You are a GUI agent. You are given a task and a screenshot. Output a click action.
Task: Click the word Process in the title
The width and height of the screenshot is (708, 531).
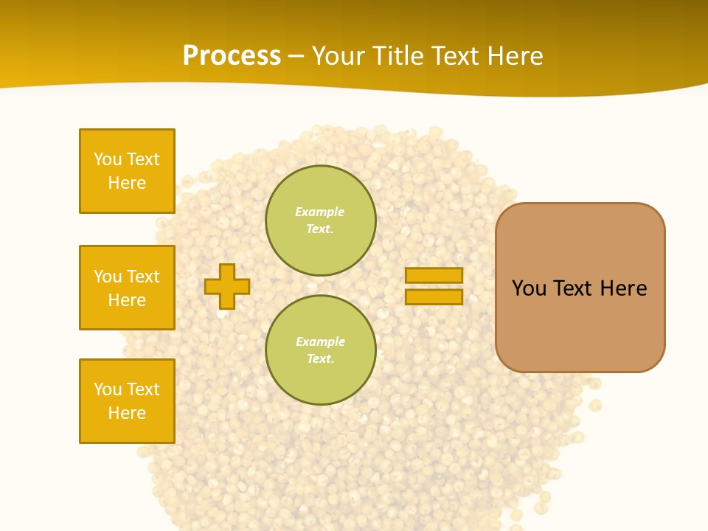coord(232,56)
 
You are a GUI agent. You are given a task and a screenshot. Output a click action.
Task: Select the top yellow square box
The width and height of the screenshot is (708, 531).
coord(127,171)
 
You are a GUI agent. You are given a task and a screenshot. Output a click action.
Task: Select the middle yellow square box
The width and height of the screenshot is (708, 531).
coord(127,288)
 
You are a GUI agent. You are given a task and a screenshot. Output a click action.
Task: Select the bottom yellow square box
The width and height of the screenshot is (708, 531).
coord(127,401)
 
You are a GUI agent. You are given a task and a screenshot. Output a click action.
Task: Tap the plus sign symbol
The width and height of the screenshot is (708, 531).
coord(227,286)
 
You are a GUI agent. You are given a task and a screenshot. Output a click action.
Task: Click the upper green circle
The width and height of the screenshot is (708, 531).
coord(320,221)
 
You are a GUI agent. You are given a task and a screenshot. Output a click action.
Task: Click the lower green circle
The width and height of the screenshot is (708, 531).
coord(320,350)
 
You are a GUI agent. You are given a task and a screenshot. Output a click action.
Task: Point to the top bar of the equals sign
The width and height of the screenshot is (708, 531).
coord(434,276)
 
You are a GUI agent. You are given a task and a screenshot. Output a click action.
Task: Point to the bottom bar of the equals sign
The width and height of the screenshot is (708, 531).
coord(434,297)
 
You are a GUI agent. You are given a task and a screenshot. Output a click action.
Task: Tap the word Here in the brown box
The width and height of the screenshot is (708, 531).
coord(623,288)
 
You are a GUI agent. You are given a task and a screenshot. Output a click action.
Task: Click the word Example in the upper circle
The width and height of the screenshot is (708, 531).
coord(319,212)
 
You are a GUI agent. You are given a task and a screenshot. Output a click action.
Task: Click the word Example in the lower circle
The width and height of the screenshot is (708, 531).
coord(320,342)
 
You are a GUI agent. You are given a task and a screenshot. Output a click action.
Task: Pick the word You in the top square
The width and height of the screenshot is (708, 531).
coord(108,159)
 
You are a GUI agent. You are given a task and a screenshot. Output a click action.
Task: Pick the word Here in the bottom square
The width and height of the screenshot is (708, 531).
coord(127,413)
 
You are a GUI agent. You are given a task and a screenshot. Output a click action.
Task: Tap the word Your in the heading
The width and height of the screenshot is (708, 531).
coord(340,56)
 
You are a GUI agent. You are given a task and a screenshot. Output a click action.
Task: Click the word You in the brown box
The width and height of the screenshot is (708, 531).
coord(529,288)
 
